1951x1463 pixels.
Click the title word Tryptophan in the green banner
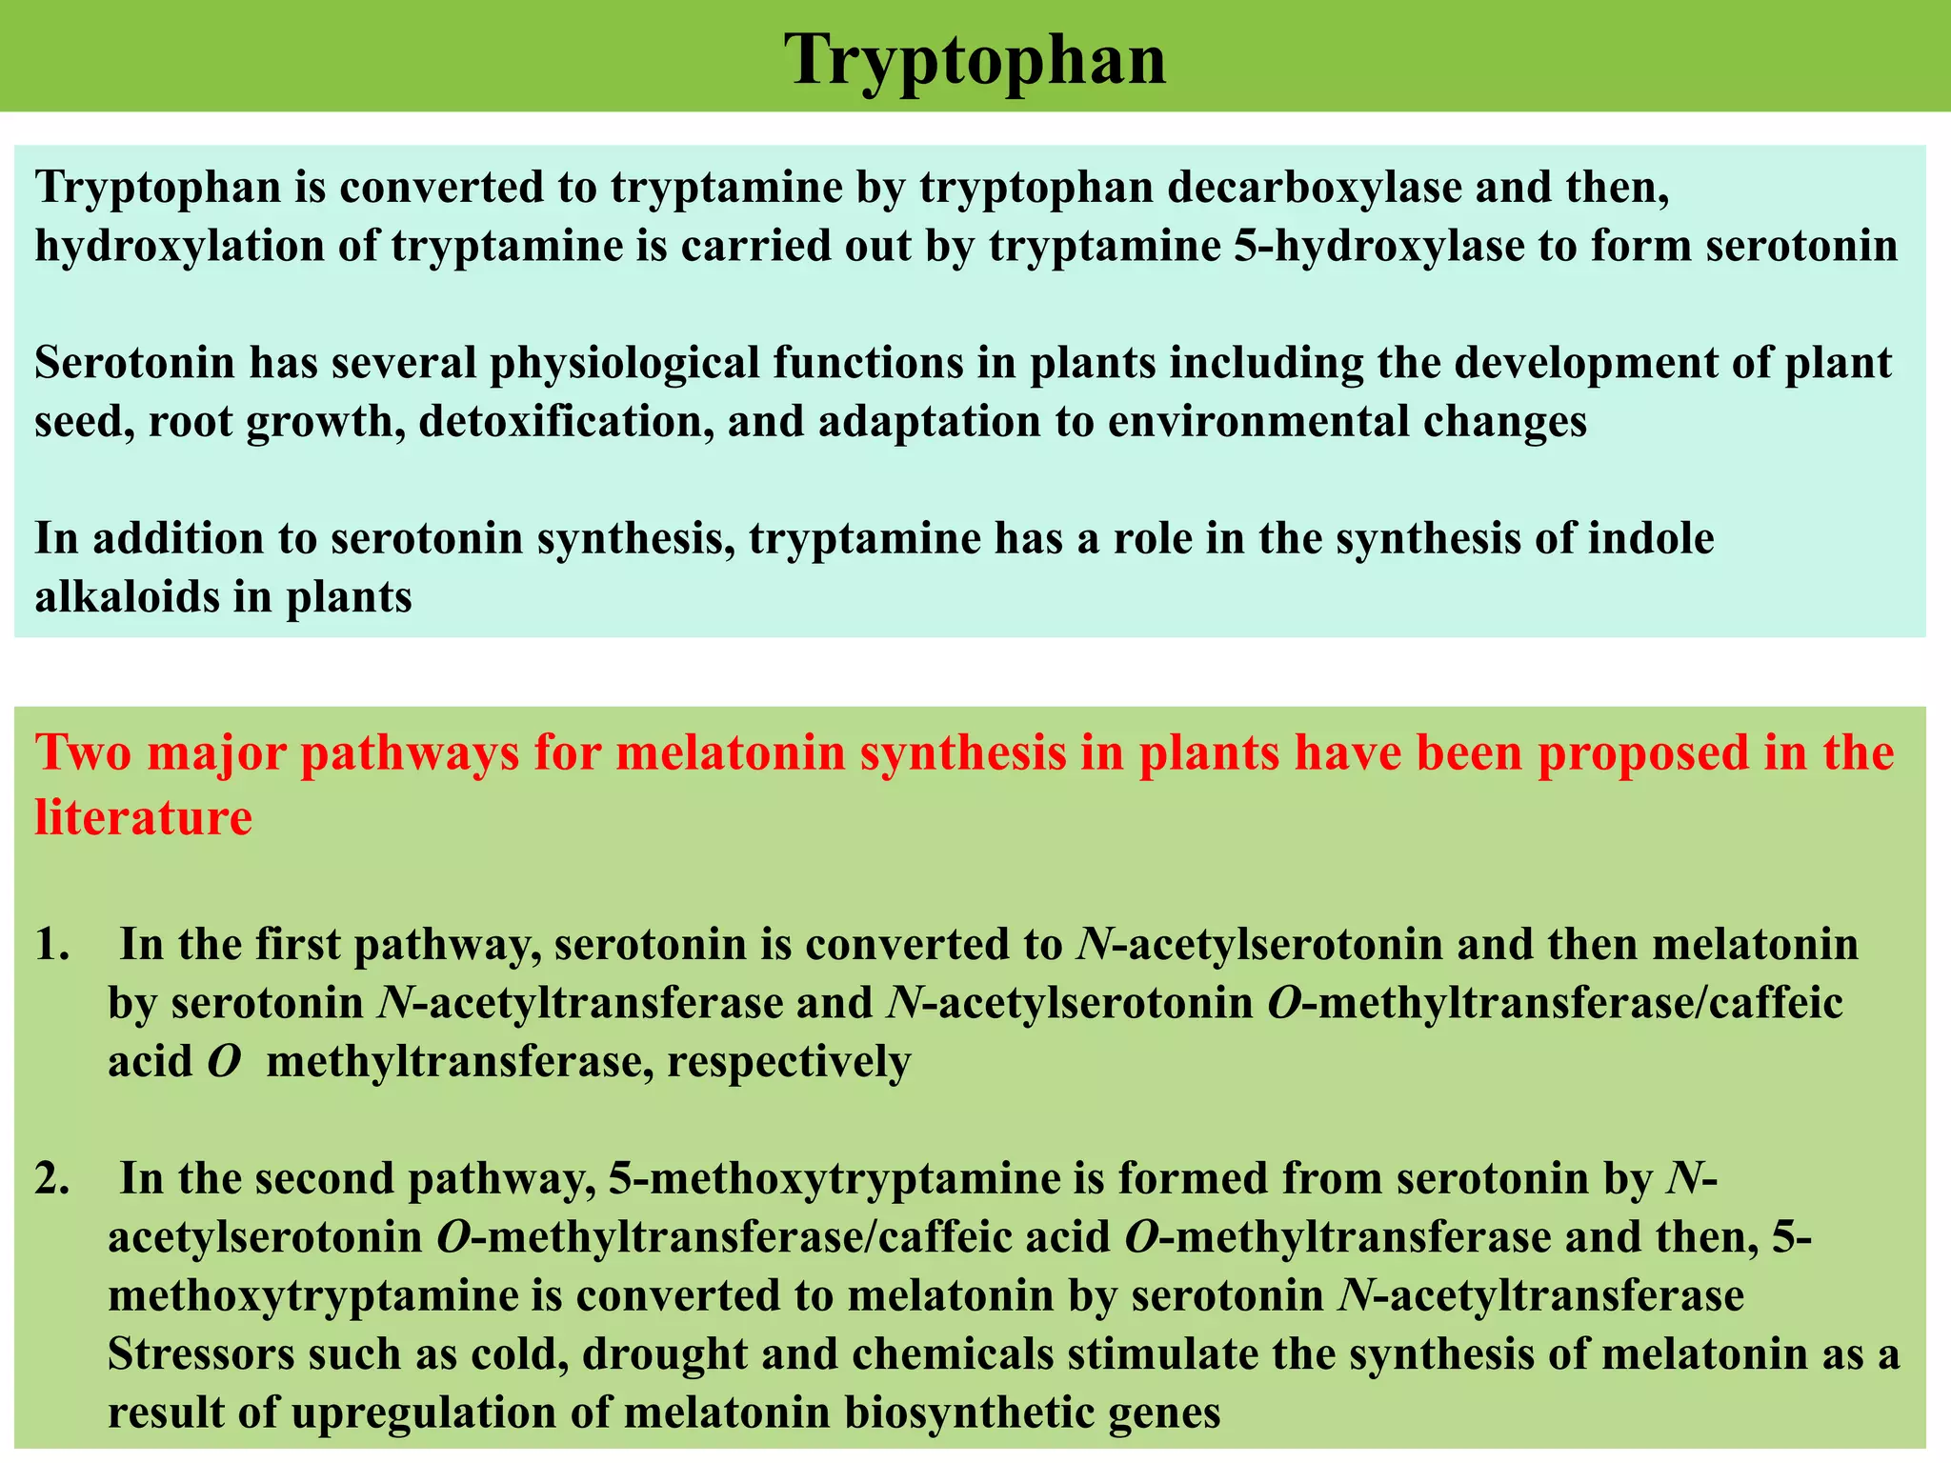click(975, 59)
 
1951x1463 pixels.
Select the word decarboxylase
click(1314, 186)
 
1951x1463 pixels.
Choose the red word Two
click(80, 752)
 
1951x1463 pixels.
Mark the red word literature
click(144, 816)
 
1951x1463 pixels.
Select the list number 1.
click(52, 945)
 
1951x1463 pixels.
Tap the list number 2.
click(52, 1179)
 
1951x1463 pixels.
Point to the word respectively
click(789, 1061)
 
